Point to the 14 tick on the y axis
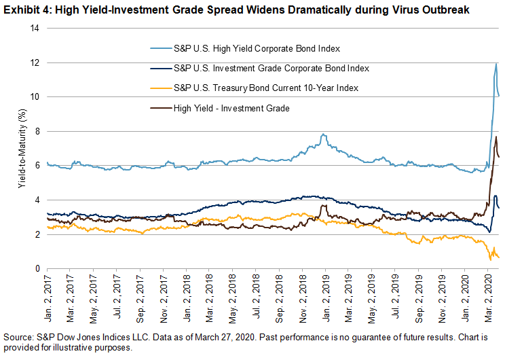click(34, 28)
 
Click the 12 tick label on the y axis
click(34, 62)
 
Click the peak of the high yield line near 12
click(496, 64)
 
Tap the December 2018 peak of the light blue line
click(324, 134)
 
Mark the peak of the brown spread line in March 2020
click(496, 137)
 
